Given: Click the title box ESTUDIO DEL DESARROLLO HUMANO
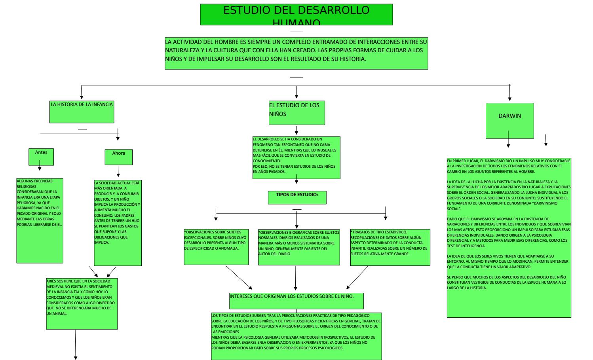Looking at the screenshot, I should click(x=296, y=15).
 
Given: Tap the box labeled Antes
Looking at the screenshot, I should click(x=41, y=157).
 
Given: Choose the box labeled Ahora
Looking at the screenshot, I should click(x=118, y=157).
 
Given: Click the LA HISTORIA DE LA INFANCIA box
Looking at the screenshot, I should click(x=82, y=112).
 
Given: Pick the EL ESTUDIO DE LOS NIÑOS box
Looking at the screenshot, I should click(x=296, y=113).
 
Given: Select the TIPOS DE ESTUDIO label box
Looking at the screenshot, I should click(x=297, y=197).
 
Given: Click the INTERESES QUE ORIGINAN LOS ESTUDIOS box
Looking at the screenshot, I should click(x=296, y=301).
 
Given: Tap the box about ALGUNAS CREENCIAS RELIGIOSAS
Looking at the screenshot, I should click(x=40, y=220).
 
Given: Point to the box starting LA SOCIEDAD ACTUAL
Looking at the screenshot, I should click(x=118, y=223).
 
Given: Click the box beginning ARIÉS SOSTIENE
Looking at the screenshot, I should click(x=82, y=303).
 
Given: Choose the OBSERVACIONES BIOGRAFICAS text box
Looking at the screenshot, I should click(x=298, y=247).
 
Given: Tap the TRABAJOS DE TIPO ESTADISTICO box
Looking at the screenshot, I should click(x=390, y=247).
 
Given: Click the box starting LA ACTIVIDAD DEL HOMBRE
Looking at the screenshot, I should click(x=296, y=53).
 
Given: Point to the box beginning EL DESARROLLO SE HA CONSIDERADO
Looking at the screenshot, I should click(x=296, y=157).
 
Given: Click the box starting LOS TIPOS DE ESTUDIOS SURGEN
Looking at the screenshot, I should click(x=296, y=336).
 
